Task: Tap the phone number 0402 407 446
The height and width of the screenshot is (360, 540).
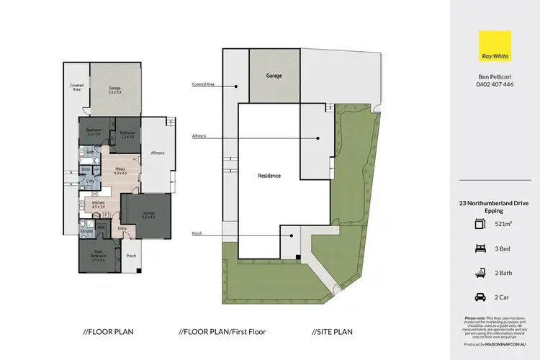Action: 495,84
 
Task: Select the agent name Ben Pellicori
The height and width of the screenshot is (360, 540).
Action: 495,76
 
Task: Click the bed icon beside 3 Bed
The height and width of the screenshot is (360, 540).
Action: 479,248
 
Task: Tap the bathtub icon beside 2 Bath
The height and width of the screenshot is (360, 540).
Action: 479,271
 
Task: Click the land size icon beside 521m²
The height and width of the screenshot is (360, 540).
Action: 479,224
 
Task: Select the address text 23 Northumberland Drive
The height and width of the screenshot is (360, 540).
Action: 495,203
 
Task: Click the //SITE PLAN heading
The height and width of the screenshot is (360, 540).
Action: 332,332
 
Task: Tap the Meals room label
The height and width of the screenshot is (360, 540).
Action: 120,170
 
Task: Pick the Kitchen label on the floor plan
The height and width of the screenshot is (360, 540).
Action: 98,204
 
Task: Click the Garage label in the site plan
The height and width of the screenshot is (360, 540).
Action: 274,76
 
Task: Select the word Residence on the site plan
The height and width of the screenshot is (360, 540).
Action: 269,176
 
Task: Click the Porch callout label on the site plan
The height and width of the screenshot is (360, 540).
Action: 197,233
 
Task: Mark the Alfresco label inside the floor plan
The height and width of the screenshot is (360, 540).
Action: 158,153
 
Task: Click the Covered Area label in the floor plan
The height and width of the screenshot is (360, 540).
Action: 76,87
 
